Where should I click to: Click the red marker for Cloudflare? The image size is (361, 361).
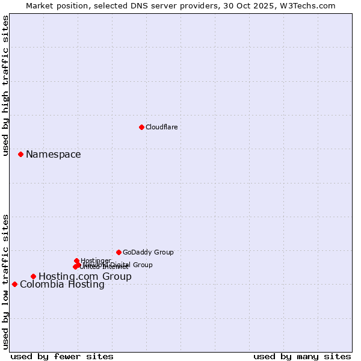tap(141, 127)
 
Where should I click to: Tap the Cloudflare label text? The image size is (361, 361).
tap(161, 127)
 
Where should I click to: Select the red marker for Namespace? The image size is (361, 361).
tap(20, 155)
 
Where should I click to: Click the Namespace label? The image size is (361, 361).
tap(53, 155)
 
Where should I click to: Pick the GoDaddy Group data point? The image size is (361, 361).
tap(119, 252)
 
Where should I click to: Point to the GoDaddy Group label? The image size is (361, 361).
tap(148, 253)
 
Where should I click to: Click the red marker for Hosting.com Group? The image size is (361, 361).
tap(33, 277)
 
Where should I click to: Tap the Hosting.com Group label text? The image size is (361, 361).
tap(85, 277)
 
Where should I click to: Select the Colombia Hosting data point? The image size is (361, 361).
tap(14, 284)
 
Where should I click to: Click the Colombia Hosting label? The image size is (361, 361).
tap(62, 285)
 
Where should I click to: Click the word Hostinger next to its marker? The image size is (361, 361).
tap(96, 261)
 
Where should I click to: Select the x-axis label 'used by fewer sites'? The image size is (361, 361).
tap(62, 356)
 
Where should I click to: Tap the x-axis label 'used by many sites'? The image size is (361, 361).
tap(302, 356)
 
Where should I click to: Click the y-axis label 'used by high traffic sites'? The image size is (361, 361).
tap(5, 85)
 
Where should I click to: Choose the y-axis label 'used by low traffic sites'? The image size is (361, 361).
tap(5, 281)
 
